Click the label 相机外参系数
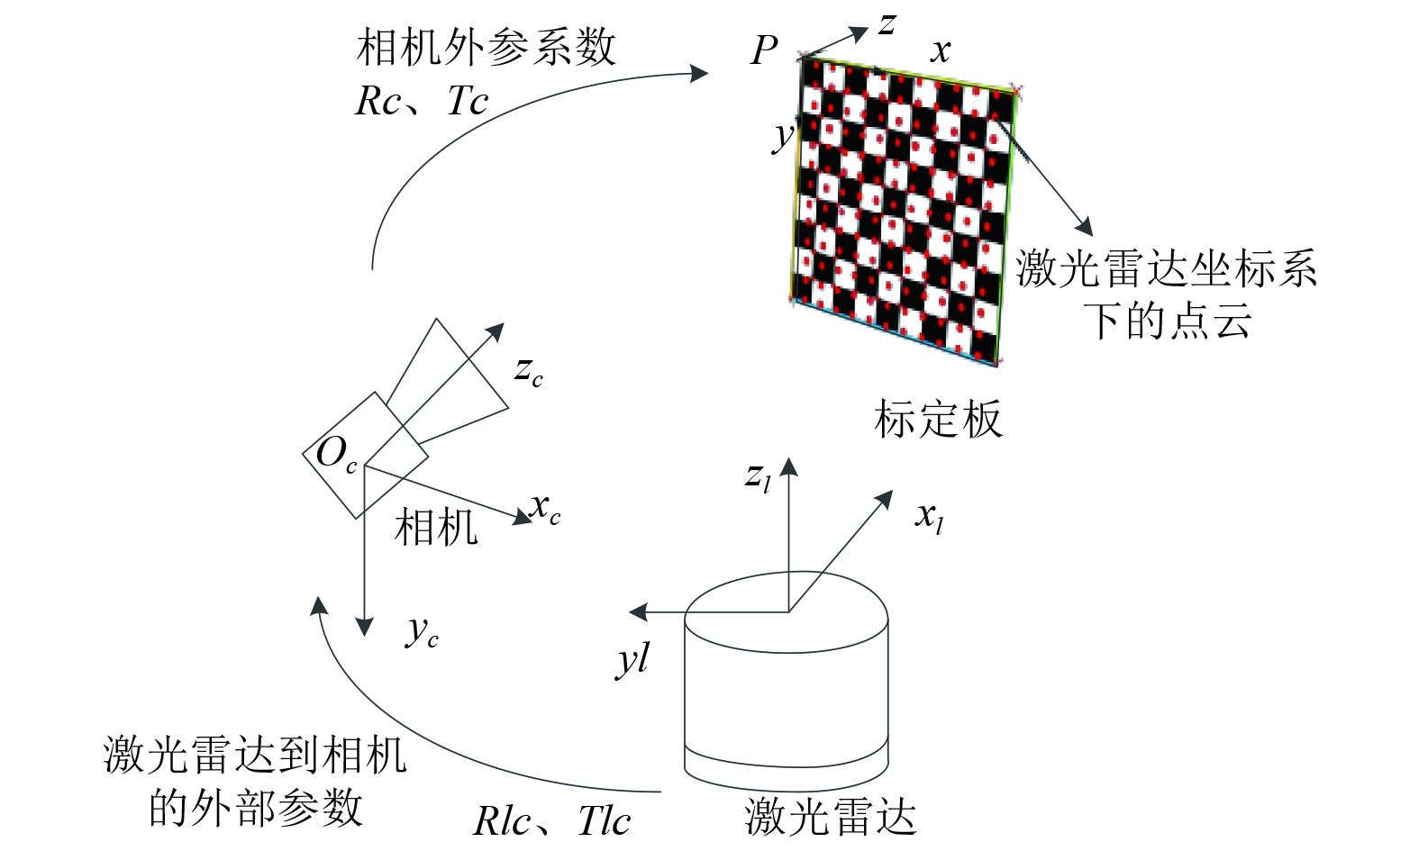pos(486,48)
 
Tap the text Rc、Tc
pos(421,101)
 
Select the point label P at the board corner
pos(763,50)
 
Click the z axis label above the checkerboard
pos(887,23)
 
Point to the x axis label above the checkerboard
pos(941,50)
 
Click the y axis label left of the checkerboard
pos(783,136)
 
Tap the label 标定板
pos(938,420)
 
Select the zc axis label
pos(529,370)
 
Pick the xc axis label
pos(545,508)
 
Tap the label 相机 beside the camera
pos(436,527)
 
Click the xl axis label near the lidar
pos(929,517)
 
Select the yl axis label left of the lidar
pos(632,660)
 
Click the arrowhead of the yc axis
pos(364,627)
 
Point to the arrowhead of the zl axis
pos(789,466)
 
